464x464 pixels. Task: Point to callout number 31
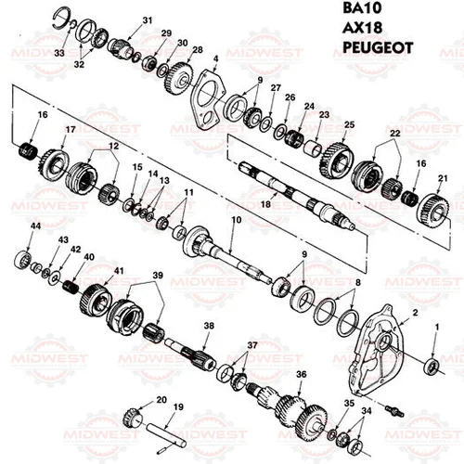click(x=147, y=19)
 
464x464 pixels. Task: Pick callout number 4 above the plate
click(x=215, y=59)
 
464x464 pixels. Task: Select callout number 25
click(x=349, y=124)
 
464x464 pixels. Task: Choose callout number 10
click(x=236, y=220)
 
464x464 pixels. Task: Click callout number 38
click(x=209, y=326)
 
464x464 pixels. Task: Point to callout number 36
click(x=300, y=374)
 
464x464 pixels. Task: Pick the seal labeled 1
click(x=432, y=365)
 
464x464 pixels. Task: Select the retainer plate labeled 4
click(x=206, y=98)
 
